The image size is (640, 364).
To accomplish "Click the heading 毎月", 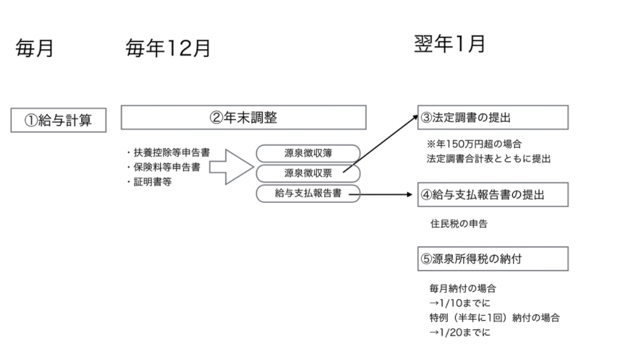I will [35, 49].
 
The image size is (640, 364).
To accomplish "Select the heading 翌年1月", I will [450, 44].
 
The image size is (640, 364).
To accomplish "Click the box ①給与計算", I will [58, 120].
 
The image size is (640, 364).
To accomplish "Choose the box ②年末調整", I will [244, 117].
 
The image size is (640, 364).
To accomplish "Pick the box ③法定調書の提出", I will [493, 117].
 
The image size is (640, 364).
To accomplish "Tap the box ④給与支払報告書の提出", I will [493, 194].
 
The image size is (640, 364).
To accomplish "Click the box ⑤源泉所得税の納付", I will [493, 258].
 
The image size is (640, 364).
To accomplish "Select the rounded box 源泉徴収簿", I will [308, 154].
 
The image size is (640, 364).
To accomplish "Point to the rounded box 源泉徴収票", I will [308, 174].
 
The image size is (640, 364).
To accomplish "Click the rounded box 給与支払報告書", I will [308, 194].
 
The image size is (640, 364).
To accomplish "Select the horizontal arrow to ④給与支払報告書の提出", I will [387, 194].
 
